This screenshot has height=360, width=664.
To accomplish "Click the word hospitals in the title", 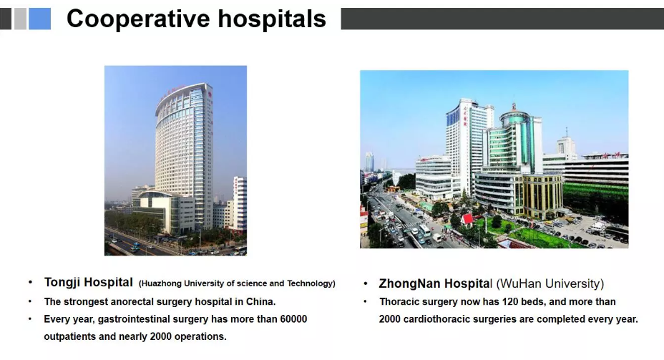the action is click(x=273, y=19).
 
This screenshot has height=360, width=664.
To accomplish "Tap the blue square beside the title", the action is click(x=40, y=19).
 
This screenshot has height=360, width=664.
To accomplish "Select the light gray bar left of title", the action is click(x=20, y=19).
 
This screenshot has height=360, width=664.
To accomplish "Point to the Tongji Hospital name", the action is click(x=89, y=283).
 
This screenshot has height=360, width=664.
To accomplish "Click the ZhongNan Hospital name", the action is click(x=436, y=283).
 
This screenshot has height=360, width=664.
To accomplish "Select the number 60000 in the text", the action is click(x=293, y=319).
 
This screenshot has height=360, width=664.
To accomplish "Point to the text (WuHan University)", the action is click(x=550, y=283).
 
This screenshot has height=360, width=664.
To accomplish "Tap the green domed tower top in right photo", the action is click(x=514, y=114).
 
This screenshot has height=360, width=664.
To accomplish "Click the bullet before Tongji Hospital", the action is click(x=30, y=282).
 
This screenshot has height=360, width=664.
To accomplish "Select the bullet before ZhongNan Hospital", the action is click(x=366, y=283).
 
